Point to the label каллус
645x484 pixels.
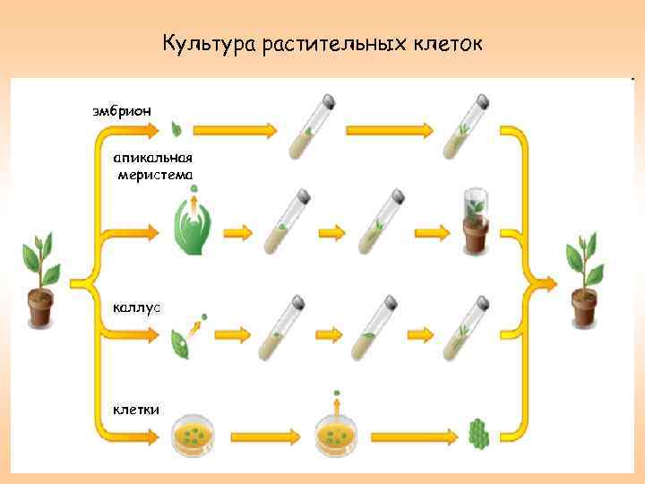(x=136, y=307)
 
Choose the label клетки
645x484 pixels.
(x=136, y=410)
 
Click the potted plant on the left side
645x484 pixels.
(x=39, y=278)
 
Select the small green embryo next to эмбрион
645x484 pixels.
(x=176, y=130)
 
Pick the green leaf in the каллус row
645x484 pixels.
(x=183, y=341)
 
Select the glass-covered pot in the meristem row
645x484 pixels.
(x=475, y=221)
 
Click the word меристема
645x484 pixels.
(x=154, y=174)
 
